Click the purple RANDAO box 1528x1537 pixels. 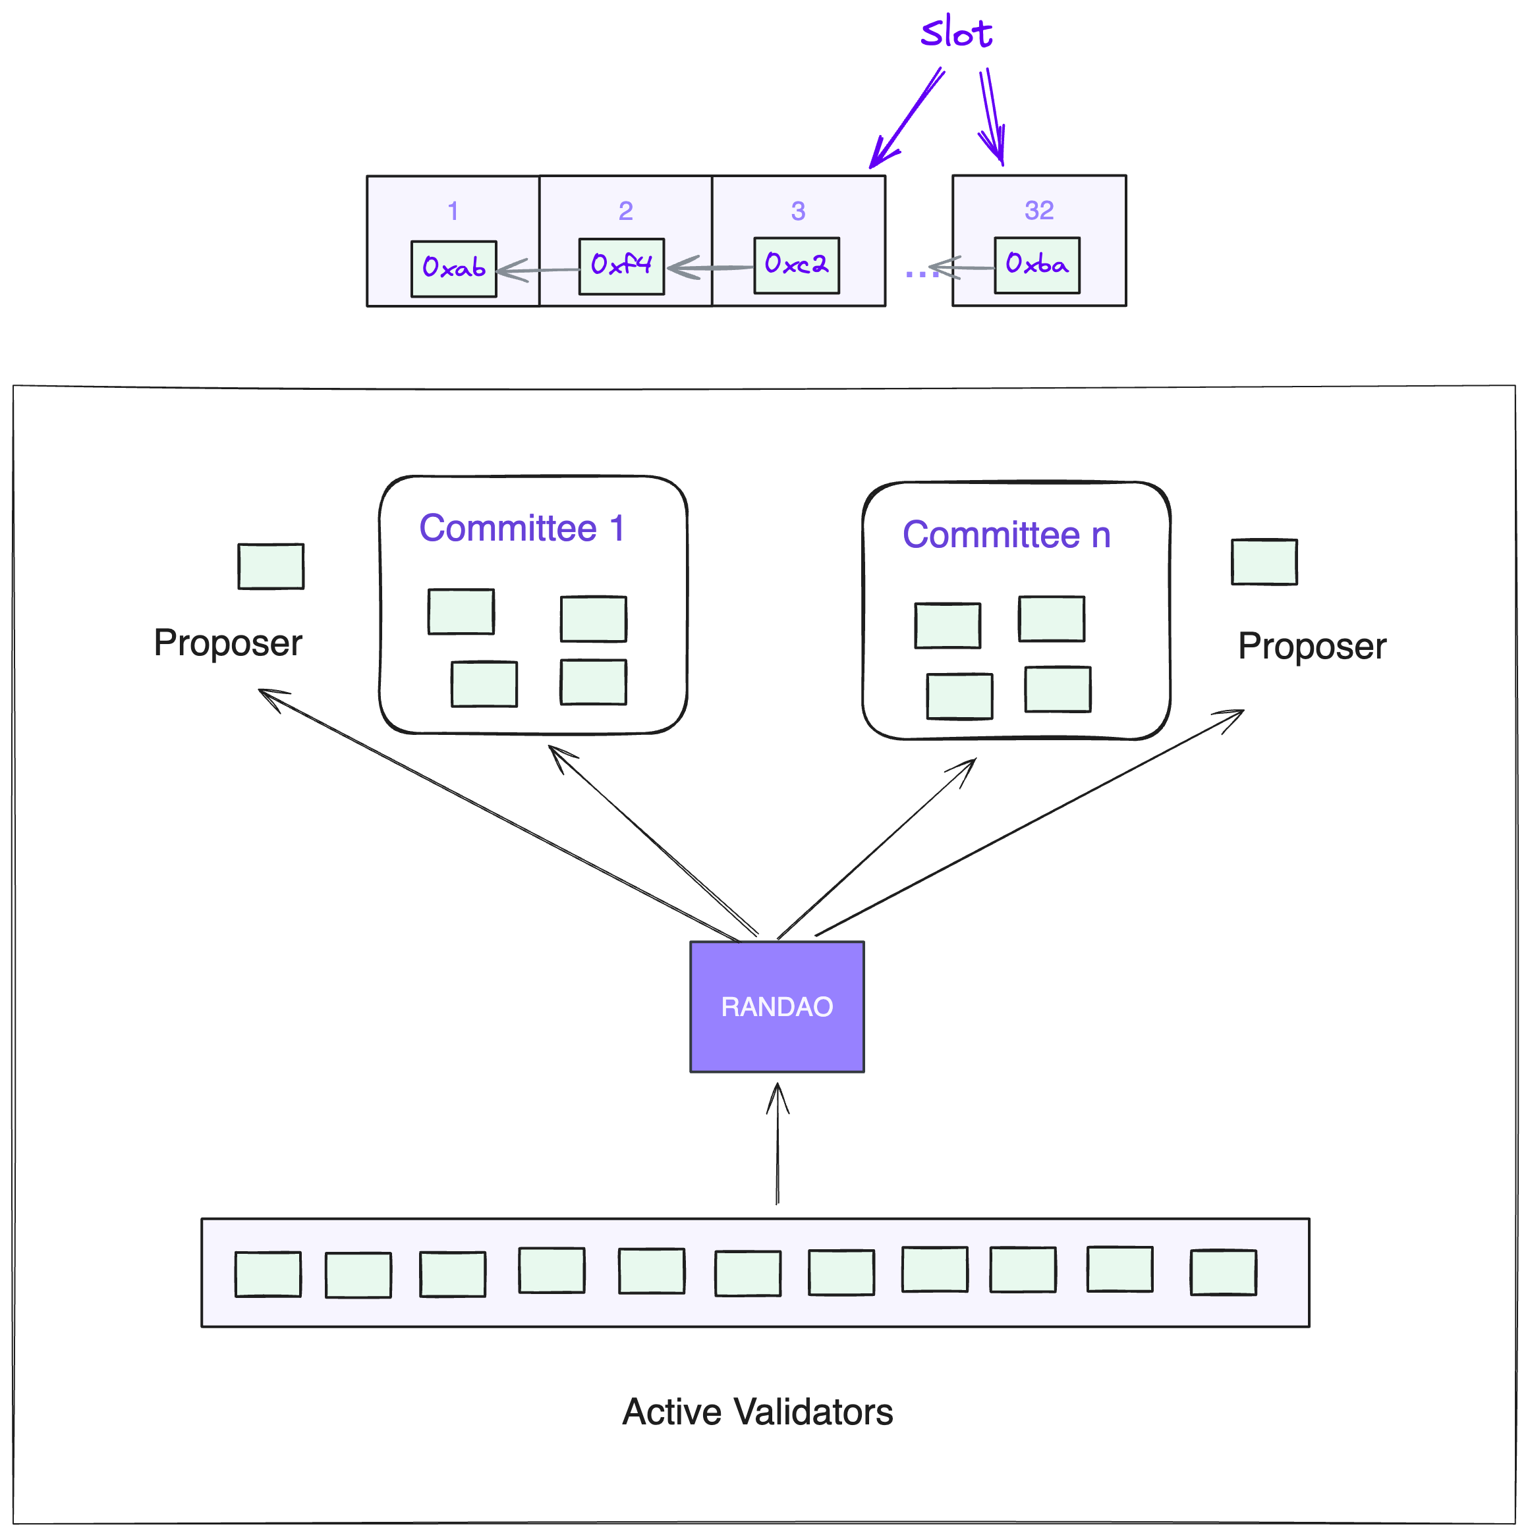(777, 1006)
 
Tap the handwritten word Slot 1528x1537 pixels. (956, 34)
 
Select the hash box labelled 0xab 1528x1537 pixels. (453, 269)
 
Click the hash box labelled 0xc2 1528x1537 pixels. (797, 265)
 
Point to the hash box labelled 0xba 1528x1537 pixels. (1037, 265)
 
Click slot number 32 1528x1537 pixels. (1039, 210)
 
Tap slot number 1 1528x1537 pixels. (453, 211)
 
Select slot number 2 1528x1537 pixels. (625, 211)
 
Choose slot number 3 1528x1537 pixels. (798, 211)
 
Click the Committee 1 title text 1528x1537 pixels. (522, 528)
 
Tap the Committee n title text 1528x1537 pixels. (1006, 535)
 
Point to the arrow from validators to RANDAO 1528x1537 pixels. (778, 1146)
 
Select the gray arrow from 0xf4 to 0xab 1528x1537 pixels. (538, 271)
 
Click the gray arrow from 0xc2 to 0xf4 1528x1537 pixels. (709, 268)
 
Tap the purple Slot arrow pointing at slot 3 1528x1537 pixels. (908, 118)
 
